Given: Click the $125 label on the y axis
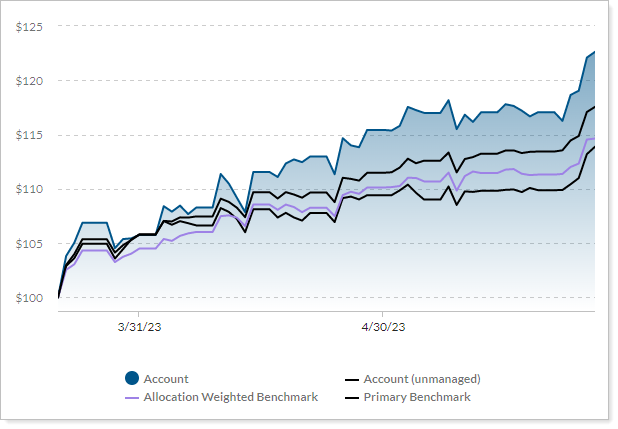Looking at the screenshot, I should point(29,26).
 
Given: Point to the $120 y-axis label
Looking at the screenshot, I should point(29,80).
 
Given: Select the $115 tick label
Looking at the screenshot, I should point(29,135).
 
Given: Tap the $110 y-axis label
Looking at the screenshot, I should point(29,189).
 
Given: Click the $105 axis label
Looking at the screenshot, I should point(29,243).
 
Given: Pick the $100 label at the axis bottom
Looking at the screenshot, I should point(29,298).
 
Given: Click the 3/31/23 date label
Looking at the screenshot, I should point(140,326).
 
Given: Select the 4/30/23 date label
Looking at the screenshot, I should point(382,326).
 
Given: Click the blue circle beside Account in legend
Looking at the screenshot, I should point(132,379).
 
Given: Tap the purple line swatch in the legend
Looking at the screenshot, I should point(132,398).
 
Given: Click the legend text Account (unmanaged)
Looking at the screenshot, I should point(422,379).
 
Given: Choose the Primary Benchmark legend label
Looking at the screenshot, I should point(417,397).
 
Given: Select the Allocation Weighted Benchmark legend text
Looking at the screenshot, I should point(231,397).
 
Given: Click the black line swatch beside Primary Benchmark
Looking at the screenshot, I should point(352,398).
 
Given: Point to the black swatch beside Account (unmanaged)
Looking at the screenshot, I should point(352,380).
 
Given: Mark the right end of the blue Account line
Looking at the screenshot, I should point(594,52).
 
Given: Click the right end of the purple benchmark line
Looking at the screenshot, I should point(594,138).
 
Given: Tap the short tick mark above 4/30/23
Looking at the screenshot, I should point(382,314).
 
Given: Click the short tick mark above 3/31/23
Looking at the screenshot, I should point(140,314).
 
